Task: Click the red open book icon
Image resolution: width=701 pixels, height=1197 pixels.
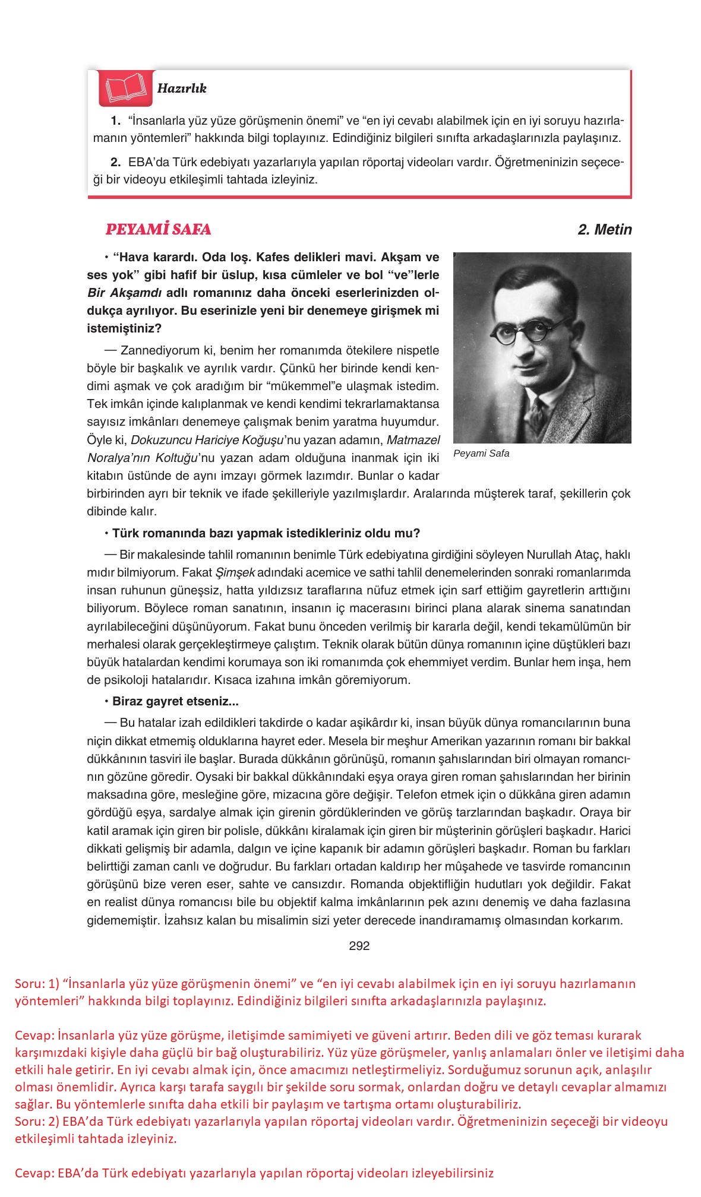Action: click(x=125, y=88)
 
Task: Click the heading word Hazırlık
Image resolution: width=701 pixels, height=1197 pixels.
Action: click(x=182, y=88)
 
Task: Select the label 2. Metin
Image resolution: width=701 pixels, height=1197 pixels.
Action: click(x=604, y=229)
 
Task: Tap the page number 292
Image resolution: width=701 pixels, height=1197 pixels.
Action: click(x=359, y=946)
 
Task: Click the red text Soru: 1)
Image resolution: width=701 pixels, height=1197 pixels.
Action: click(x=36, y=984)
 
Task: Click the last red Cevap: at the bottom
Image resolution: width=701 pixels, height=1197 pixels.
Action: click(x=34, y=1173)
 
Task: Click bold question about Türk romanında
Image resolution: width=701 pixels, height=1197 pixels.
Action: click(x=266, y=533)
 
